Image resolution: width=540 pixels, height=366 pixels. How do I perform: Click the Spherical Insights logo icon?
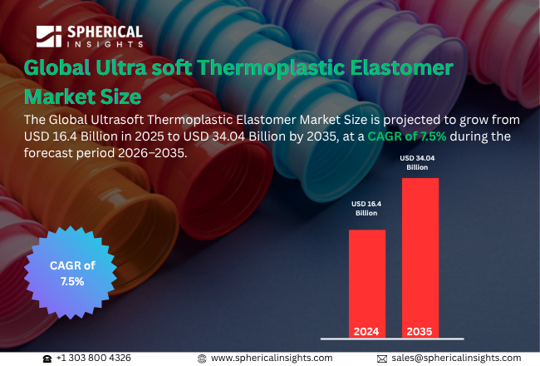pos(50,37)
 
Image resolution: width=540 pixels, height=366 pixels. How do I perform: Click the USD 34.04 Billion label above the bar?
pos(418,161)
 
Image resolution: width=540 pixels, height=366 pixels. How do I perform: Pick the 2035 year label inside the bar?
pos(420,331)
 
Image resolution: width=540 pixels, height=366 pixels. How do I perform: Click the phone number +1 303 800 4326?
pos(94,358)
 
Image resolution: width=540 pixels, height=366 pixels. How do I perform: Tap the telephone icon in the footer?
pos(47,358)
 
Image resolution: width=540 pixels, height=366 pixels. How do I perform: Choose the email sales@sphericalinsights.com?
pos(456,358)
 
